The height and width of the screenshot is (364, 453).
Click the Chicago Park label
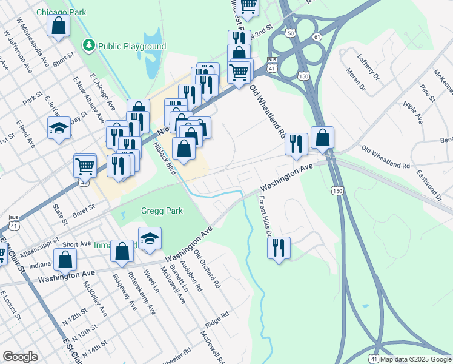tap(61, 12)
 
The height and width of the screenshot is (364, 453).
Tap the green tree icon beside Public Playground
tap(90, 45)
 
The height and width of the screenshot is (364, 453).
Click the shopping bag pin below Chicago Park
tap(58, 26)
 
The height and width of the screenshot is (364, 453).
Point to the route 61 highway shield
tap(317, 37)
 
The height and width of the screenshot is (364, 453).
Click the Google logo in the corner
tap(20, 357)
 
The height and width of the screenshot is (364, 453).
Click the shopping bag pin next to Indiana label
tap(65, 260)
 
